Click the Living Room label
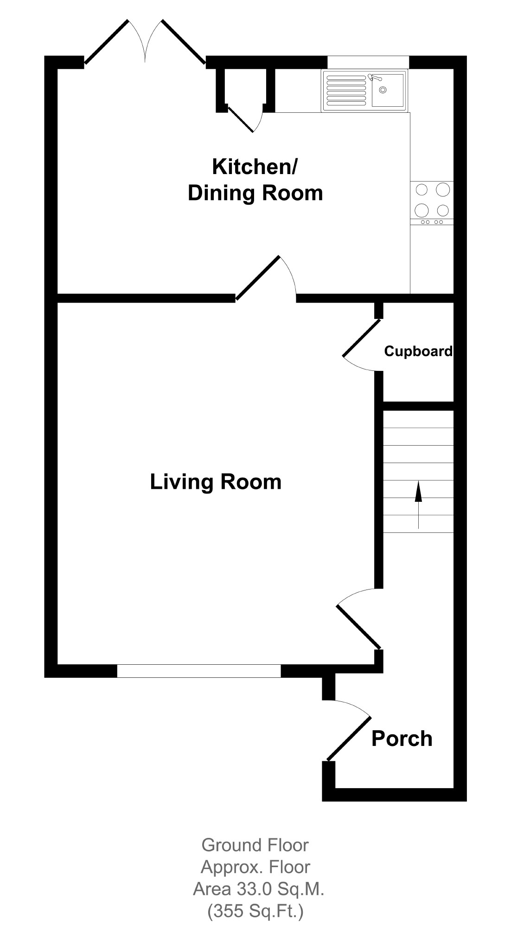[x=216, y=482]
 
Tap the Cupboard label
[x=418, y=351]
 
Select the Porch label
[x=402, y=739]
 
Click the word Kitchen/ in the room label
[x=255, y=167]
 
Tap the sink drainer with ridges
[x=346, y=90]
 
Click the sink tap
[x=374, y=78]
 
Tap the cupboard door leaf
[x=362, y=337]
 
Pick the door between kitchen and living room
[x=258, y=278]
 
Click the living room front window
[x=199, y=671]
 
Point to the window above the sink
[x=368, y=62]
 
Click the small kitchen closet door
[x=241, y=118]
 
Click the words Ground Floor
[x=255, y=845]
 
